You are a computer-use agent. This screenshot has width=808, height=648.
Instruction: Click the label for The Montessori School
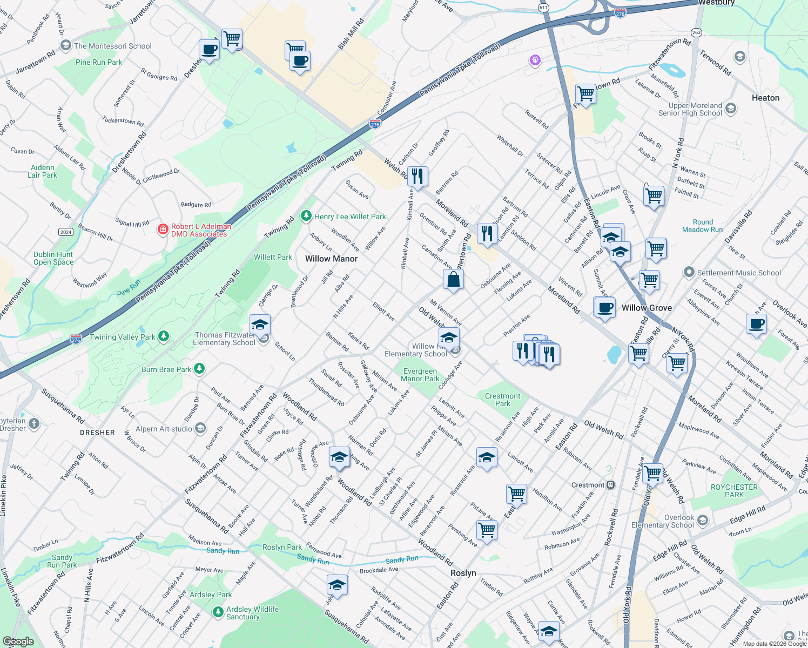pos(112,46)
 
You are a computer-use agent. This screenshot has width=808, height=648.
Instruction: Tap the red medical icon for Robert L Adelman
pos(163,230)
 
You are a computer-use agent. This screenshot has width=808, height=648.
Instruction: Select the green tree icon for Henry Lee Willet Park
pos(306,216)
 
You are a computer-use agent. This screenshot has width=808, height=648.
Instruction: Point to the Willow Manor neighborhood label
pos(331,259)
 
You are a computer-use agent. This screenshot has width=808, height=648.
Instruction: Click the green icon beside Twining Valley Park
pos(164,336)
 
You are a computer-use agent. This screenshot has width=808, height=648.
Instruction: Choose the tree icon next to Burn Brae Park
pos(199,369)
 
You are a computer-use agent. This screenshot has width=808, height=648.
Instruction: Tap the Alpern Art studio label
pos(164,429)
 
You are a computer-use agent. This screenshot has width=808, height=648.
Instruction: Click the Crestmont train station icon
pos(610,485)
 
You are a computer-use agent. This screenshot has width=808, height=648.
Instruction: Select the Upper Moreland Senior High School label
pos(690,109)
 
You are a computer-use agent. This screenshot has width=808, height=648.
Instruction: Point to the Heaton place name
pos(765,98)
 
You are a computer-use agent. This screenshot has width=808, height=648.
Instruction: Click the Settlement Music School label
pos(738,273)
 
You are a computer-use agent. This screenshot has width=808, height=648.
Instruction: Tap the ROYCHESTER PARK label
pos(734,491)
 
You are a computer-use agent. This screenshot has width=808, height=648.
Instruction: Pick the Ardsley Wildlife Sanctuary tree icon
pos(218,612)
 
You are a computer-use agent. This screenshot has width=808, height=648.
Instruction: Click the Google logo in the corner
pos(18,641)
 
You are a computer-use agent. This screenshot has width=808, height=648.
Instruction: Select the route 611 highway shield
pos(543,8)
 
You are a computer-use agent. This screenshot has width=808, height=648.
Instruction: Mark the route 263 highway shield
pos(696,32)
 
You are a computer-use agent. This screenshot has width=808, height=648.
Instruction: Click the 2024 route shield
pos(66,232)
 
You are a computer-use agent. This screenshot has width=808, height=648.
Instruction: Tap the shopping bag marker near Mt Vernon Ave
pos(453,280)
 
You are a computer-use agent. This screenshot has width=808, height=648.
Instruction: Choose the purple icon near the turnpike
pos(535,60)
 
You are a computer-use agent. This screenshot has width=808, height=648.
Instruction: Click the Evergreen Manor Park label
pos(420,375)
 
